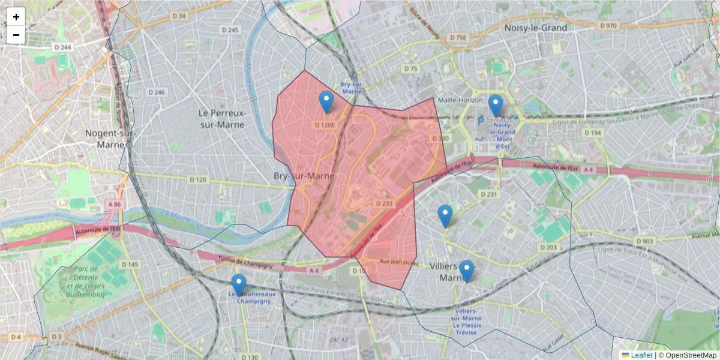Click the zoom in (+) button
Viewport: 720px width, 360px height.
(16, 17)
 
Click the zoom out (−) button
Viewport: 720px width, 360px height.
(16, 35)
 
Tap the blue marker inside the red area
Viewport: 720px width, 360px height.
(326, 103)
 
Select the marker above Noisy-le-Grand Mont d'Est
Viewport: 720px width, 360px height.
(495, 106)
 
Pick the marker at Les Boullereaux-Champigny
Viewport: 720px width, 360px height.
(239, 285)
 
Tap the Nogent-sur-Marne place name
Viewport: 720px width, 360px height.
(109, 139)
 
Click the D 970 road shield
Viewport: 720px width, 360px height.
(608, 26)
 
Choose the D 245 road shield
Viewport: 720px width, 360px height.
(230, 29)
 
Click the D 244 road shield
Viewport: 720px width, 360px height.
(62, 47)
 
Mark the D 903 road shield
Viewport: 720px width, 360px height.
(643, 241)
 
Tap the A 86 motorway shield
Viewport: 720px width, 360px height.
(114, 205)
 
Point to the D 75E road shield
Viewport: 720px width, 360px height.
(457, 38)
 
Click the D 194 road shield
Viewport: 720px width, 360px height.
(592, 133)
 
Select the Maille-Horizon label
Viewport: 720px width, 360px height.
(460, 100)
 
